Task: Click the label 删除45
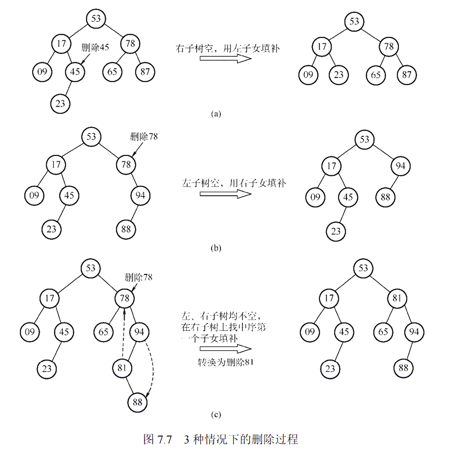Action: (x=95, y=47)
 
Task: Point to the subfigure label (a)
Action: (x=215, y=113)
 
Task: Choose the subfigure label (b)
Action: (x=215, y=248)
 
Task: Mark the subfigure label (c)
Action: (x=215, y=416)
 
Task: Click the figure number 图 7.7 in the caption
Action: (x=158, y=440)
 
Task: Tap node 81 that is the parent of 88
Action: (x=122, y=369)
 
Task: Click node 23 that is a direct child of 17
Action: (x=339, y=75)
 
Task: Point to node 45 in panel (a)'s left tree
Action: (x=75, y=71)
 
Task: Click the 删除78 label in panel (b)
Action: (x=144, y=137)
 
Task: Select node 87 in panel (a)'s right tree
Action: (x=407, y=75)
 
